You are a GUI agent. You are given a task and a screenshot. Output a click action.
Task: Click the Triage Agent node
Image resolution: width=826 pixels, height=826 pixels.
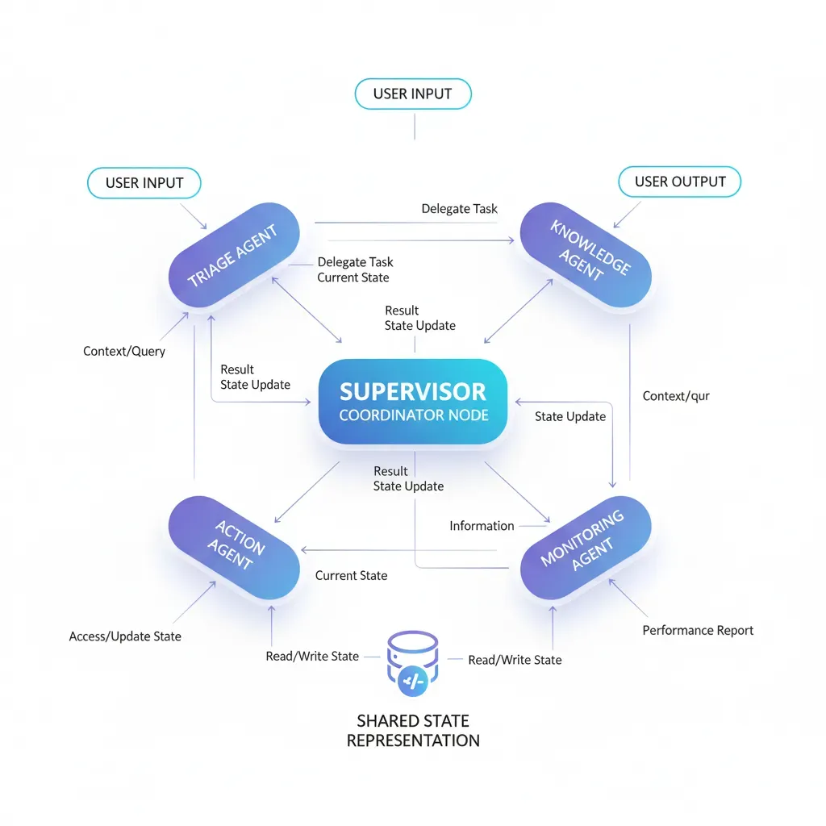tap(234, 257)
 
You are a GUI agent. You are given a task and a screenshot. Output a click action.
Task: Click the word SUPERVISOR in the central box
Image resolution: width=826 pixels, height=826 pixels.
tap(412, 392)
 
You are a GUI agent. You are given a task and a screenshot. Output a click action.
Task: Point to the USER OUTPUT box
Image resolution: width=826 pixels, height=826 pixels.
tap(678, 181)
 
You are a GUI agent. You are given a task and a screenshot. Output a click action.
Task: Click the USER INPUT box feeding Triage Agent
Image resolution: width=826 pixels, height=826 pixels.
tap(144, 182)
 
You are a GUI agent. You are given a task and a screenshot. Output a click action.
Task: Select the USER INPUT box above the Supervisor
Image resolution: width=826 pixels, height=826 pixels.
tap(412, 94)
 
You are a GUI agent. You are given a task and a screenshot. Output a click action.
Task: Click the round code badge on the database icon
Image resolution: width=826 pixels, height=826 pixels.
tap(412, 682)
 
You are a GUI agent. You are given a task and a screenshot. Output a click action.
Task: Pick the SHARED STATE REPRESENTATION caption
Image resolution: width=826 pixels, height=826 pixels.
tap(412, 730)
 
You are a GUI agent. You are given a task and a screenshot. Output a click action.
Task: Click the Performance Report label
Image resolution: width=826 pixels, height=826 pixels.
tap(698, 630)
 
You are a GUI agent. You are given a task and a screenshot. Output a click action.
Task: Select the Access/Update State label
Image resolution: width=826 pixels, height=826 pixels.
tap(125, 636)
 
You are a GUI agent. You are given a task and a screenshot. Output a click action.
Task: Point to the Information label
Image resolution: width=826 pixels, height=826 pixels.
tap(482, 526)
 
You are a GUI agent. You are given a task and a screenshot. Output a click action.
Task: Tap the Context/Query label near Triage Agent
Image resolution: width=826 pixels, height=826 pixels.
tap(124, 351)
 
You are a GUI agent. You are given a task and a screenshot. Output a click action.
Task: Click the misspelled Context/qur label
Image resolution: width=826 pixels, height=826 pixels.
tap(676, 396)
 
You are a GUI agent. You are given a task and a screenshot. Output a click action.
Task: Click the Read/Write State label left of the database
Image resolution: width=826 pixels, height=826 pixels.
tap(312, 657)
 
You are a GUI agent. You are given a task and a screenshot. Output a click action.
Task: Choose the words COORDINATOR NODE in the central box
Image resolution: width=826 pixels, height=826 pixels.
tap(413, 416)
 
